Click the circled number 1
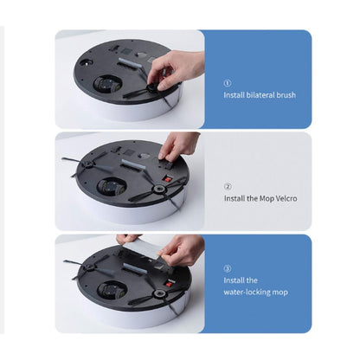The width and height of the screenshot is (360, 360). tap(228, 83)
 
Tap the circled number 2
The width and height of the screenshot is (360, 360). tap(228, 186)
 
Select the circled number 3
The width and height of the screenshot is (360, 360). tap(228, 269)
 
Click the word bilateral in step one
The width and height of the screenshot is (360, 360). tap(260, 95)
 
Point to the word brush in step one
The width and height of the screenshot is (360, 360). tap(286, 95)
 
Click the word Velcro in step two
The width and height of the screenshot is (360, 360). tap(286, 198)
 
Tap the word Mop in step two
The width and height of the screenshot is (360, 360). tap(267, 199)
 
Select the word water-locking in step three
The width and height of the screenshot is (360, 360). tap(247, 292)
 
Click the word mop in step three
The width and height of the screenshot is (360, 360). tap(280, 292)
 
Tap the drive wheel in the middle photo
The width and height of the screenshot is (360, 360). tap(111, 187)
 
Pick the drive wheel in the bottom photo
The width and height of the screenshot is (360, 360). tap(112, 290)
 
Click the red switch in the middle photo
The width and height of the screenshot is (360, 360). tap(168, 179)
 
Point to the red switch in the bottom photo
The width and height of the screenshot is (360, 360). tap(168, 283)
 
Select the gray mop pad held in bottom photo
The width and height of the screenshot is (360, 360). tap(141, 247)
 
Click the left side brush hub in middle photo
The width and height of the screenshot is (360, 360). tap(87, 164)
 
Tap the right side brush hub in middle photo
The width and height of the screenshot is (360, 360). tap(158, 190)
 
